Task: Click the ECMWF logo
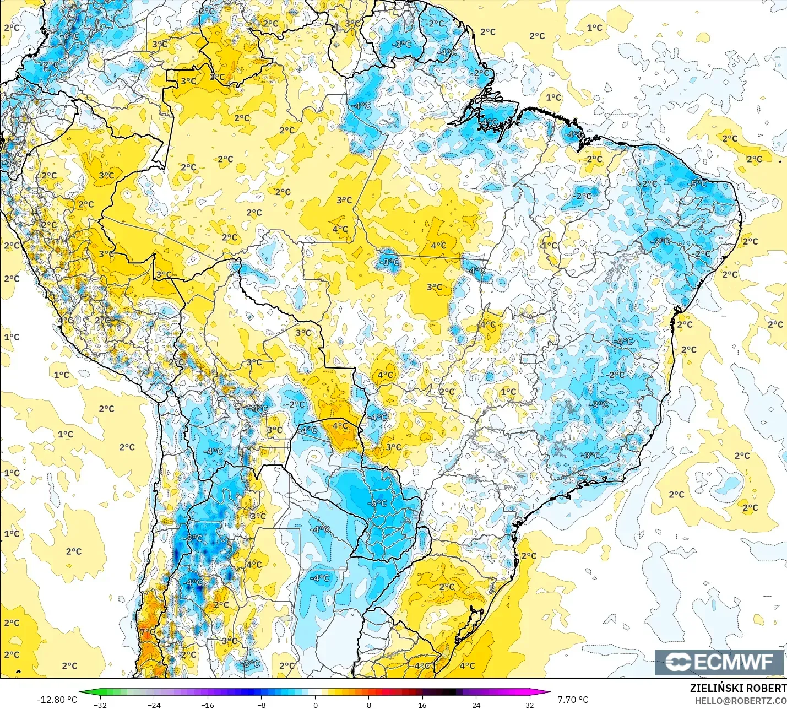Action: coord(719,662)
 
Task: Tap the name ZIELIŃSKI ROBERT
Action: coord(738,689)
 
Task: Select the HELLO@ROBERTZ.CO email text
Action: coord(740,701)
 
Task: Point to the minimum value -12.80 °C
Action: coord(57,700)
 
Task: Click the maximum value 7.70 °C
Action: coord(573,700)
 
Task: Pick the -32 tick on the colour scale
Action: coord(100,705)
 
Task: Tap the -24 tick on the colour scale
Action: coord(154,705)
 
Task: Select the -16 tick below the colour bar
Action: coord(208,705)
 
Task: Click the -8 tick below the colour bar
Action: coord(262,705)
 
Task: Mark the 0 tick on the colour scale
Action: coord(315,705)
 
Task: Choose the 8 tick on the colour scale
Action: coord(368,705)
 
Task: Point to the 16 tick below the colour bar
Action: coord(422,705)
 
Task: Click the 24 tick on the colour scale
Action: coord(476,705)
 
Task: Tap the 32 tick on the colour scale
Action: coord(529,705)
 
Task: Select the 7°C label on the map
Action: coord(148,632)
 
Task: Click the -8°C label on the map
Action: coord(194,538)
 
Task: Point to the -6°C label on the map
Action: coord(70,36)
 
